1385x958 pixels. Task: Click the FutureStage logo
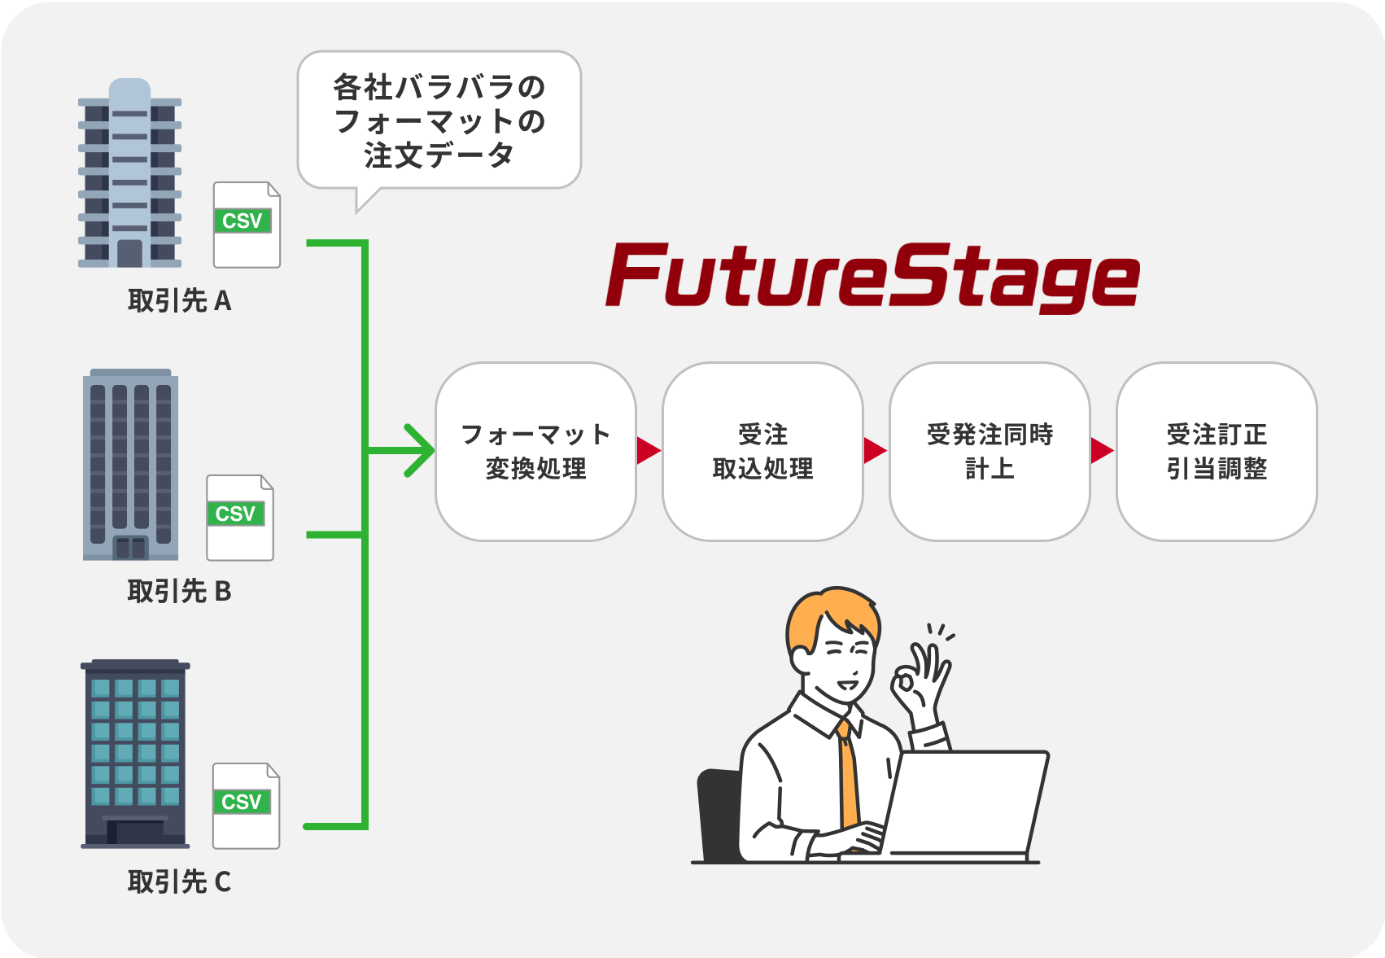pyautogui.click(x=872, y=277)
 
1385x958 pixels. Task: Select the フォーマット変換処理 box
pyautogui.click(x=535, y=452)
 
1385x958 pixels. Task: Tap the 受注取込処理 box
pyautogui.click(x=762, y=452)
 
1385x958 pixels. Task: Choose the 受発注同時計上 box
pyautogui.click(x=990, y=452)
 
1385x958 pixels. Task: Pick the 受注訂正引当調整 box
pyautogui.click(x=1217, y=452)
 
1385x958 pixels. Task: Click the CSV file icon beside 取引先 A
pyautogui.click(x=247, y=225)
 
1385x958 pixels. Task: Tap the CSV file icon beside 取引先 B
pyautogui.click(x=240, y=518)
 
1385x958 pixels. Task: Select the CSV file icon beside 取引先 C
pyautogui.click(x=246, y=807)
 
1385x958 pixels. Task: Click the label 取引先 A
pyautogui.click(x=179, y=301)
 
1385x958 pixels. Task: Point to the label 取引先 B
pyautogui.click(x=179, y=592)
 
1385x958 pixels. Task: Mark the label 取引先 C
pyautogui.click(x=179, y=881)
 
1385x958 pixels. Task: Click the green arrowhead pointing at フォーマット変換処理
pyautogui.click(x=421, y=450)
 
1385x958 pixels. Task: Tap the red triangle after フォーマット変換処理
pyautogui.click(x=648, y=450)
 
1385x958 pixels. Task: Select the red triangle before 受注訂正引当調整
pyautogui.click(x=1101, y=450)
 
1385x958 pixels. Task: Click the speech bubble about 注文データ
pyautogui.click(x=439, y=120)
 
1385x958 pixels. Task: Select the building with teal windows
pyautogui.click(x=135, y=753)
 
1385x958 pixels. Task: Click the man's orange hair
pyautogui.click(x=830, y=615)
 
